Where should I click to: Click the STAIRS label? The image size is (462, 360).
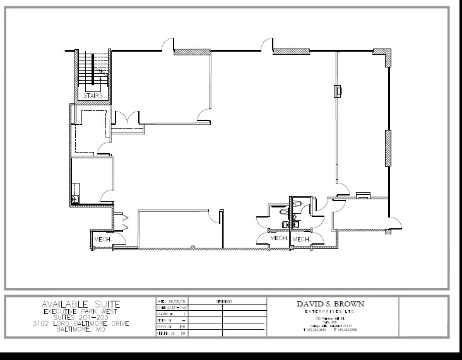[93, 95]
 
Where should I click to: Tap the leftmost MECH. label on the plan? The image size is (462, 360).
[103, 240]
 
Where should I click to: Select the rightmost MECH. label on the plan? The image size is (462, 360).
[300, 239]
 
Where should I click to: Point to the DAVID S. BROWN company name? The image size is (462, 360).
[330, 304]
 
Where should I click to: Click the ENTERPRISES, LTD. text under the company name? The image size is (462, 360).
[330, 312]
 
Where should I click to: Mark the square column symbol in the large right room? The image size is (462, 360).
[338, 91]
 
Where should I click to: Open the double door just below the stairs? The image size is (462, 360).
[127, 118]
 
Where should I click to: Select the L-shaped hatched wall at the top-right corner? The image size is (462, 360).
[384, 55]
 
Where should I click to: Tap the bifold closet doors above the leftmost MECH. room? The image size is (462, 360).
[124, 223]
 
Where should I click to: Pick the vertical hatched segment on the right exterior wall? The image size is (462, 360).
[388, 148]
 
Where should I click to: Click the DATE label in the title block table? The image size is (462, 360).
[160, 302]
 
